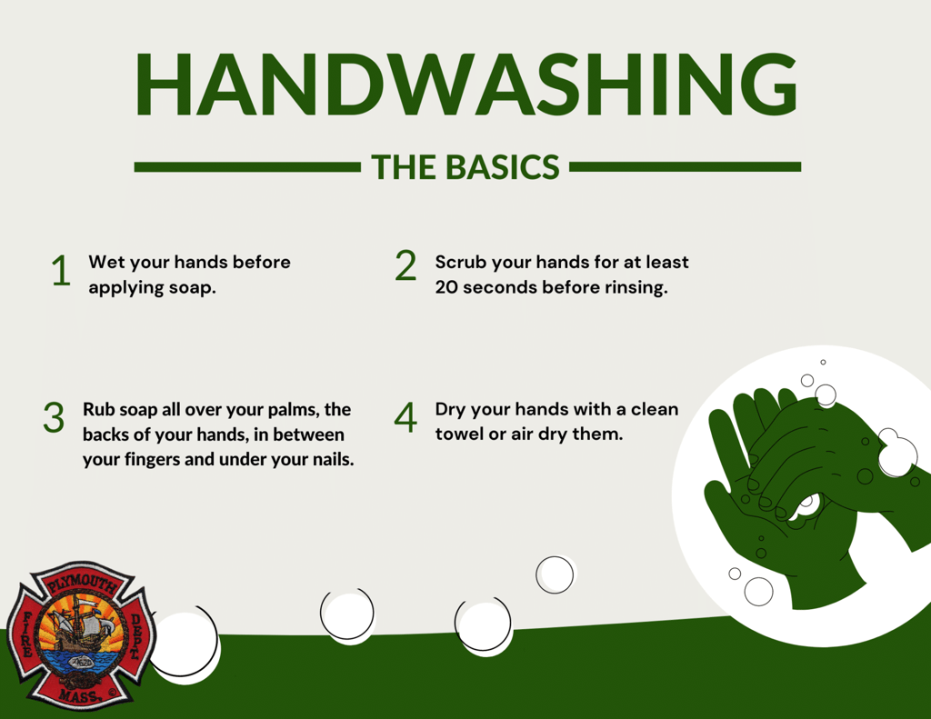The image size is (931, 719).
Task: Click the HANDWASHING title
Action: coord(466,85)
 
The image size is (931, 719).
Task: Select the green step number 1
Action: coord(61,271)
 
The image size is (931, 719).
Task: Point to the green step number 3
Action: coord(54,417)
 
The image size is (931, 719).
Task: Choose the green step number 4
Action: coord(405,417)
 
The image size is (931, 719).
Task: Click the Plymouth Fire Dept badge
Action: coord(81,636)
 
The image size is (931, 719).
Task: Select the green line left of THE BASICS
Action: coord(247,167)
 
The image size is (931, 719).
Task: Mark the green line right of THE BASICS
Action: coord(686,167)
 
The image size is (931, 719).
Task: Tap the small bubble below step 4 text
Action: coord(556,574)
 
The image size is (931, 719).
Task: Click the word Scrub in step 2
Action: coord(461,263)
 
